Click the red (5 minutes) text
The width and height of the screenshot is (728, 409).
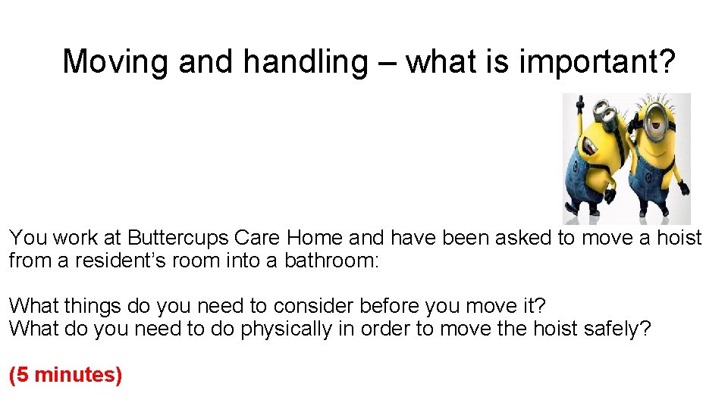tap(65, 374)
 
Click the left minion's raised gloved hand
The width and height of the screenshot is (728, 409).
tap(580, 102)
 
